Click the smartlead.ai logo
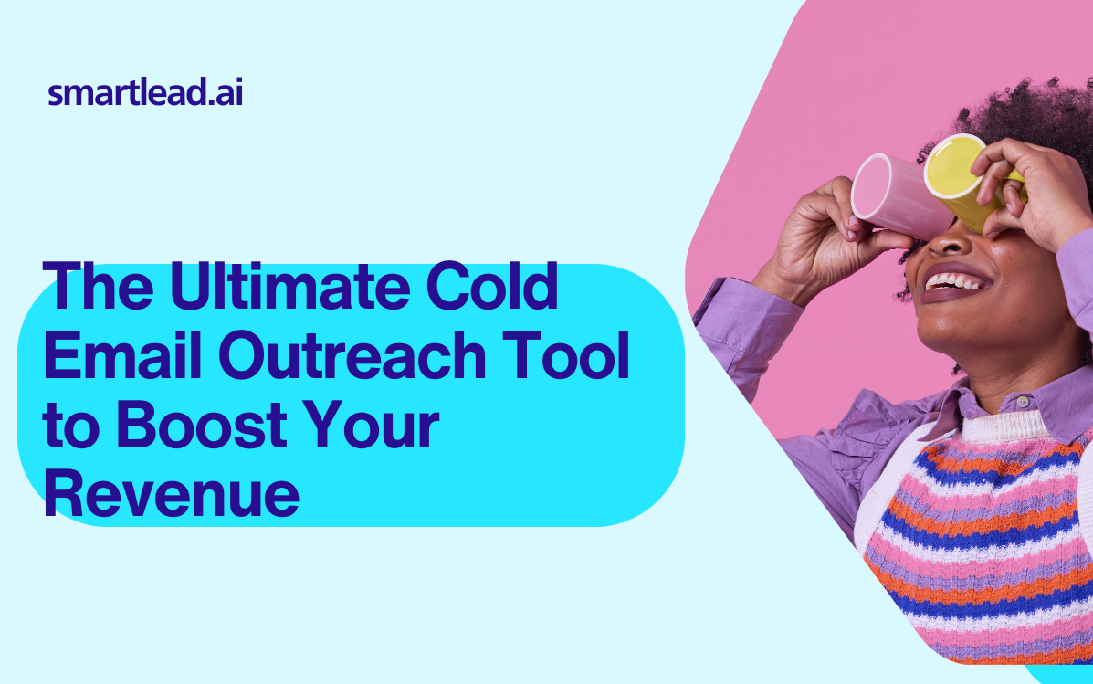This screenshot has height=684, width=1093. point(145,92)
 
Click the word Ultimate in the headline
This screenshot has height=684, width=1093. point(290,286)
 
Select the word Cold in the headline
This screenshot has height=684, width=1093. point(492,286)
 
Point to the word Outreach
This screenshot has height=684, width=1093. point(352,355)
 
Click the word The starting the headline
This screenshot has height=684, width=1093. point(99,286)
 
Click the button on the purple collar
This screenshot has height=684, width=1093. point(1023,402)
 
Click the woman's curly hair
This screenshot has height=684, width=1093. point(1025,115)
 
